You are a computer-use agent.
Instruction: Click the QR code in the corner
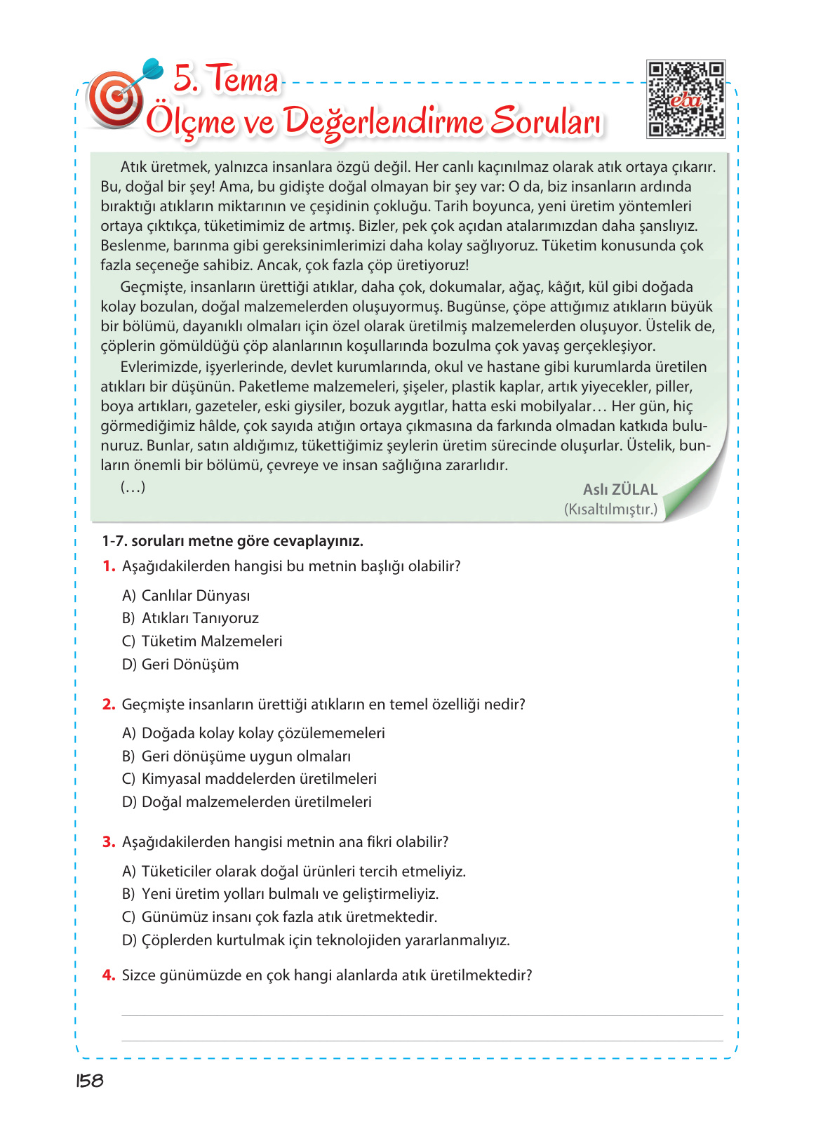pyautogui.click(x=685, y=99)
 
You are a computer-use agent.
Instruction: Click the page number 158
pyautogui.click(x=90, y=1081)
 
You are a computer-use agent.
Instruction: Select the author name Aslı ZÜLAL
pyautogui.click(x=620, y=490)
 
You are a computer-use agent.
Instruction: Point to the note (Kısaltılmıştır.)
pyautogui.click(x=610, y=509)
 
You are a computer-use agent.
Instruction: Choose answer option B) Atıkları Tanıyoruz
pyautogui.click(x=190, y=618)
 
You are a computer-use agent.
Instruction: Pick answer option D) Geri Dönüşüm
pyautogui.click(x=180, y=665)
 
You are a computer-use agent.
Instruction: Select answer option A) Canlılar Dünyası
pyautogui.click(x=186, y=596)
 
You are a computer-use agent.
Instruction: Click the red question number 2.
pyautogui.click(x=109, y=705)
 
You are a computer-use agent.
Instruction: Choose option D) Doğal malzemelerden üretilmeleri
pyautogui.click(x=247, y=802)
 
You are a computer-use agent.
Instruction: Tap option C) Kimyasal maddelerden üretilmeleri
pyautogui.click(x=249, y=779)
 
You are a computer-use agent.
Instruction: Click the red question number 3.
pyautogui.click(x=109, y=842)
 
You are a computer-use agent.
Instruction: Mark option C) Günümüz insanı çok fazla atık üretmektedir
pyautogui.click(x=279, y=917)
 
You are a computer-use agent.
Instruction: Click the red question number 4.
pyautogui.click(x=109, y=975)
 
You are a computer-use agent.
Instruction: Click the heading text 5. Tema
pyautogui.click(x=225, y=79)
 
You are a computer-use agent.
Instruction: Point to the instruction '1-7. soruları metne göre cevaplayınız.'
pyautogui.click(x=232, y=541)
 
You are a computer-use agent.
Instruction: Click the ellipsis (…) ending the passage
pyautogui.click(x=133, y=487)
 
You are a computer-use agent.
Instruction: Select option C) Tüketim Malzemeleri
pyautogui.click(x=202, y=641)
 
